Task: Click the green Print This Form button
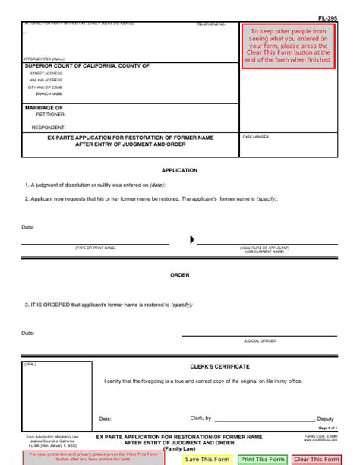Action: tap(263, 459)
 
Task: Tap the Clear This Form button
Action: tap(317, 459)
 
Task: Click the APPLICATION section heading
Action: tap(180, 170)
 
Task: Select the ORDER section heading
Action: tap(180, 274)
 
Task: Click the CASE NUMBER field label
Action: tap(256, 137)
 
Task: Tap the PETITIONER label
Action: tap(50, 115)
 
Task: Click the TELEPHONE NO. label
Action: tap(212, 24)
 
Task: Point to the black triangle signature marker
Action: tap(192, 239)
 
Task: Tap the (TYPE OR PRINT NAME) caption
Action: tap(95, 248)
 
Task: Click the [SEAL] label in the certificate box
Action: tap(30, 364)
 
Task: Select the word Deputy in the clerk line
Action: tap(325, 419)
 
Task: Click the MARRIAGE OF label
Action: tap(44, 108)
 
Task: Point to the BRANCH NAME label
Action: tap(48, 93)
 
